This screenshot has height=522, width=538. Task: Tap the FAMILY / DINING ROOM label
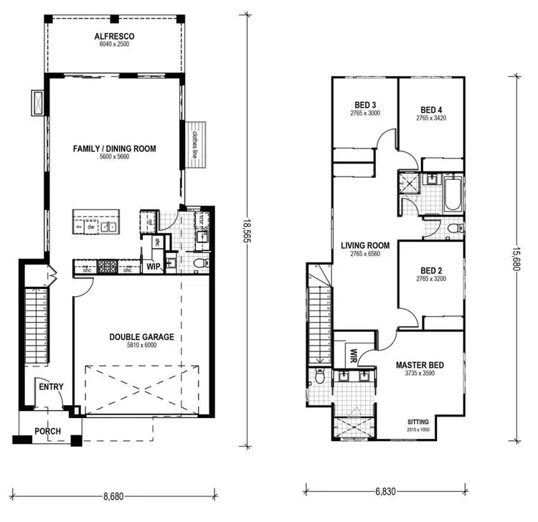click(114, 149)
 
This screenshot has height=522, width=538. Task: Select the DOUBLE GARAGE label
click(142, 336)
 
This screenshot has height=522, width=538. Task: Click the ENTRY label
click(51, 387)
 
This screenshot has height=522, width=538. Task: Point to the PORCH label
click(47, 431)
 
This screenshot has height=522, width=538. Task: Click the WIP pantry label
click(152, 265)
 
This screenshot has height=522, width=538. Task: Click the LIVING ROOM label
click(365, 247)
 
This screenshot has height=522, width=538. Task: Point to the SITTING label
click(420, 423)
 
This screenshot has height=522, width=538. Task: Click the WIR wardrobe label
click(354, 353)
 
